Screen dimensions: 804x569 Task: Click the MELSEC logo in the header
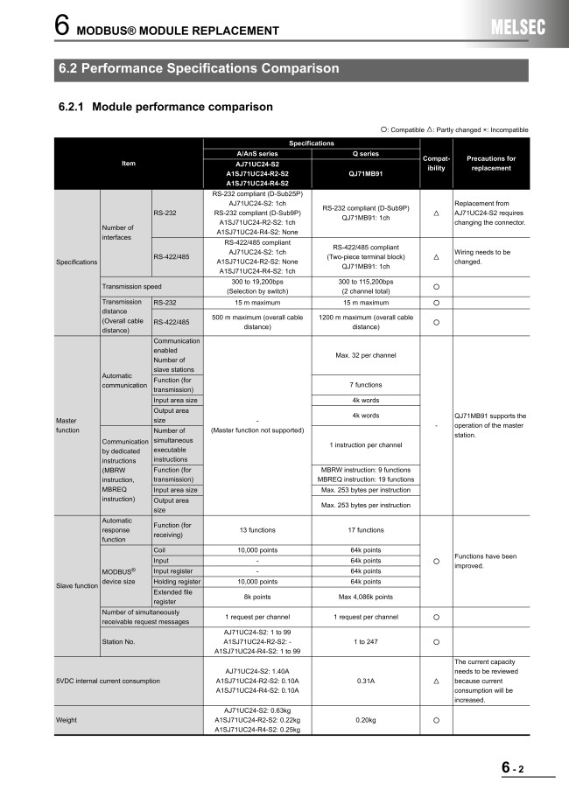[x=517, y=28]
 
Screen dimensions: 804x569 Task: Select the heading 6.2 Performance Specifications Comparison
[x=199, y=68]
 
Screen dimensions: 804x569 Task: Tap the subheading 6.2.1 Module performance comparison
[x=165, y=107]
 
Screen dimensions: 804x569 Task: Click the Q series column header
[x=366, y=152]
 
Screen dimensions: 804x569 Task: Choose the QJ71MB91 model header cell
[x=366, y=173]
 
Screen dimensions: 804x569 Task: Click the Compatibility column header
[x=436, y=163]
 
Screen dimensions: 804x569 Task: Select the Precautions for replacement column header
[x=491, y=163]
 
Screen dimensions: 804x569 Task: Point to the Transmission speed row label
[x=131, y=287]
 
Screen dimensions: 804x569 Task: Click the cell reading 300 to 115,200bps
[x=366, y=282]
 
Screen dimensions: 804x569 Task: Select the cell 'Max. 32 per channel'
[x=366, y=355]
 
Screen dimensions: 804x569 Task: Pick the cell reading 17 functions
[x=366, y=529]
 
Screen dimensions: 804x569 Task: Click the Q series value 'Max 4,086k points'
[x=366, y=597]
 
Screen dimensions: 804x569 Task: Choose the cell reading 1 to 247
[x=366, y=641]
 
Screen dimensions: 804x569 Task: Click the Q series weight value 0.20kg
[x=366, y=720]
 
